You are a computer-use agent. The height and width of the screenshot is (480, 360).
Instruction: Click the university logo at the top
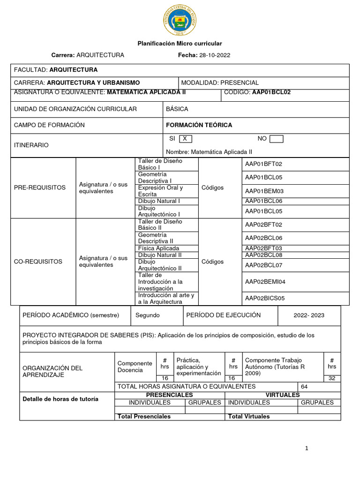click(180, 20)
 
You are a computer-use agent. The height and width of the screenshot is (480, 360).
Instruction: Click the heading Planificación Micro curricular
click(180, 43)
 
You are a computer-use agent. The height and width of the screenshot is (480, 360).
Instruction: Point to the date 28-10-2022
click(215, 55)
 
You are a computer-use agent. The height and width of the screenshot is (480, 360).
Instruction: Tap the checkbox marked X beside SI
click(185, 139)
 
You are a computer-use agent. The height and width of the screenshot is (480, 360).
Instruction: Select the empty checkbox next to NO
click(277, 139)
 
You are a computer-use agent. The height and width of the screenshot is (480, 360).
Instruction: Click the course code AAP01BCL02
click(271, 92)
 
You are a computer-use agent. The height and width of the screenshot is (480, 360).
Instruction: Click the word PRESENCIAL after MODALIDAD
click(240, 82)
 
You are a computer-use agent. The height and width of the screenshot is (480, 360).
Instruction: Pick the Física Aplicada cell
click(158, 248)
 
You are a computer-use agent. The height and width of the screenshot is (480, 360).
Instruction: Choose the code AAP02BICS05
click(265, 298)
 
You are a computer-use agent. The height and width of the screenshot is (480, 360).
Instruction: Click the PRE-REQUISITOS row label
click(40, 187)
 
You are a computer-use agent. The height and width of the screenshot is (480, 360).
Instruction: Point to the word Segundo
click(148, 315)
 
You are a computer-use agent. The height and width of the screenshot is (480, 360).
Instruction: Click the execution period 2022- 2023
click(309, 315)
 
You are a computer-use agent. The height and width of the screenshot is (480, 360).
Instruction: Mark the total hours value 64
click(304, 387)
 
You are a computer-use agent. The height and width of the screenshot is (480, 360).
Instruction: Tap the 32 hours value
click(332, 378)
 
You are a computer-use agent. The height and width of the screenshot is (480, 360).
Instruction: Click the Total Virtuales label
click(249, 416)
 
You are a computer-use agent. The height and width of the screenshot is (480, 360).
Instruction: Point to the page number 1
click(307, 449)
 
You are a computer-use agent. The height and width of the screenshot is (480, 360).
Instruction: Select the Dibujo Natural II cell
click(160, 255)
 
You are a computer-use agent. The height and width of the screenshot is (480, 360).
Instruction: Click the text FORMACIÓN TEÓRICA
click(199, 125)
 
